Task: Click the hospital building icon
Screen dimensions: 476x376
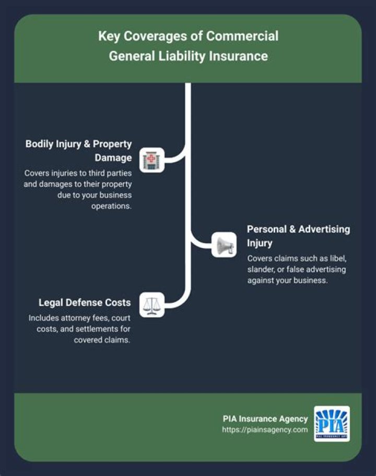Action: tap(152, 160)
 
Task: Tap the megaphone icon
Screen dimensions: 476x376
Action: tap(224, 244)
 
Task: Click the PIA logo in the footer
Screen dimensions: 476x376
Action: tap(332, 423)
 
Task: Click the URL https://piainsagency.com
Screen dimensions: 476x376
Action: tap(265, 429)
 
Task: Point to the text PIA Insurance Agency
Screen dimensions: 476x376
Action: tap(265, 418)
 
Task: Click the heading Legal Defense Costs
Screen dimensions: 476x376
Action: tap(85, 302)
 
